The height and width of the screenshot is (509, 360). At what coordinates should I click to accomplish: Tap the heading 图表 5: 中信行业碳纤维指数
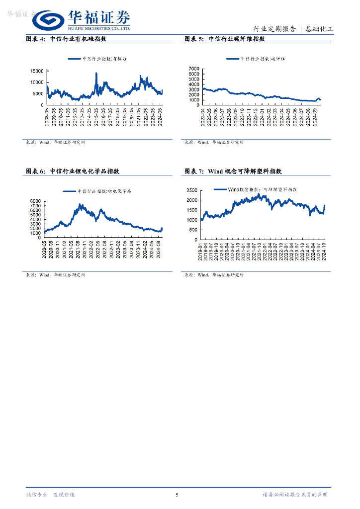(x=224, y=39)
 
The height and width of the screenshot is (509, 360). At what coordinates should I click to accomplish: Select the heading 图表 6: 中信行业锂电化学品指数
(x=73, y=171)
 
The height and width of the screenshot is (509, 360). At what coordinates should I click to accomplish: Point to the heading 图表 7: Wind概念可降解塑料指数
(x=233, y=171)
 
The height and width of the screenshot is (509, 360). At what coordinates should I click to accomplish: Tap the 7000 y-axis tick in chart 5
(x=194, y=69)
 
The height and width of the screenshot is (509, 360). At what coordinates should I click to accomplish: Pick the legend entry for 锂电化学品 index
(x=97, y=191)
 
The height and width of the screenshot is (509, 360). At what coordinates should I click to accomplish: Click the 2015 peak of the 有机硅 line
(x=96, y=74)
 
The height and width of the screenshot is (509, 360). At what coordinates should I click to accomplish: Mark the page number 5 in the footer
(x=177, y=495)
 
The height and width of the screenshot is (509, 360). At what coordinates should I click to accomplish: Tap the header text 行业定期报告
(x=274, y=29)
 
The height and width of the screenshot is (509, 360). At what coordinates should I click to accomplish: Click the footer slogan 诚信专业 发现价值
(x=50, y=495)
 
